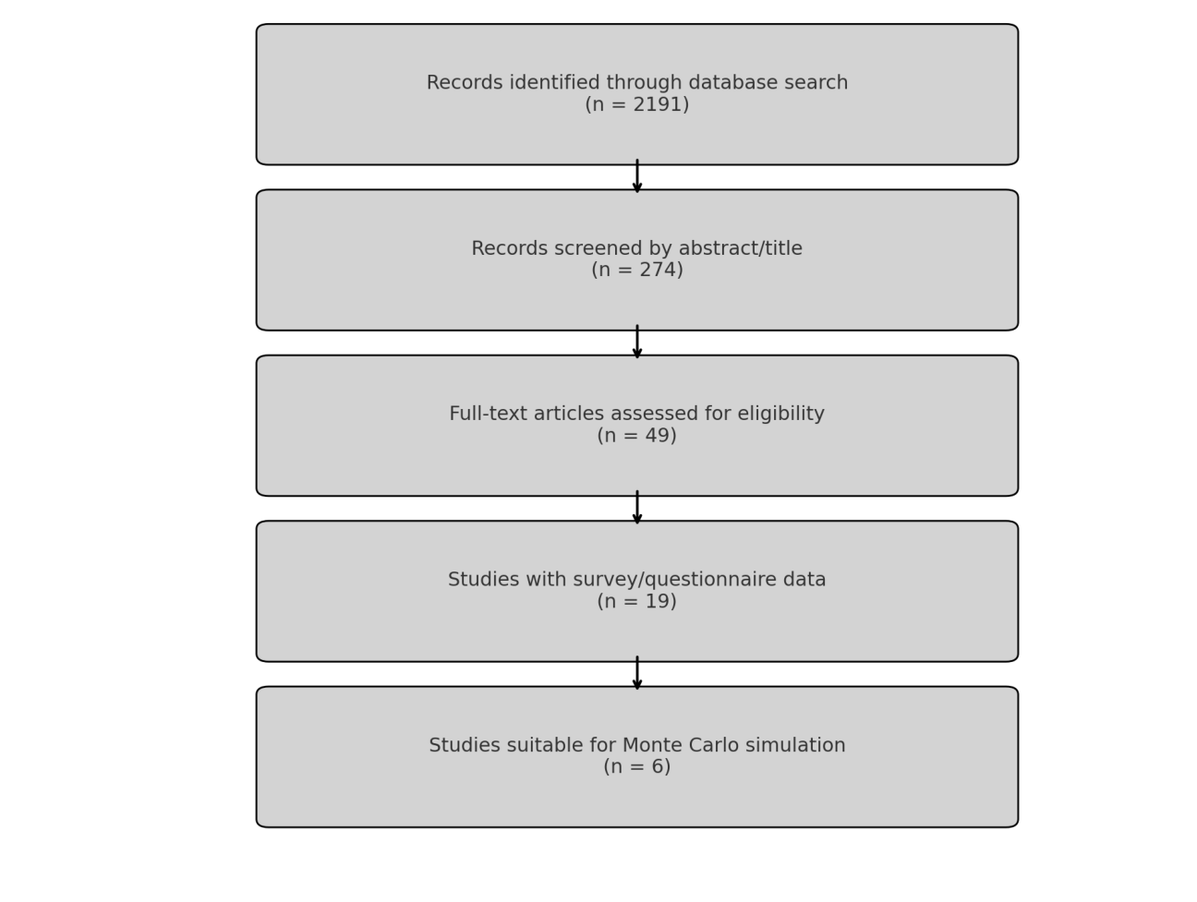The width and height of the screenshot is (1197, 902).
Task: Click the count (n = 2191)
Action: (x=636, y=105)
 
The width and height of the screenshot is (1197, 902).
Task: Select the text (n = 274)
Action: (x=636, y=271)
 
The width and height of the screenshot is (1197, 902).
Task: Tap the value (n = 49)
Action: (x=636, y=436)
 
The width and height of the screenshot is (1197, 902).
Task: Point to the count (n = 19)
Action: (x=636, y=602)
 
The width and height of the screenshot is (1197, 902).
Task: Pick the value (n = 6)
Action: (x=636, y=767)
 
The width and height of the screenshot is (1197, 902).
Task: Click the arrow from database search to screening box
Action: (x=636, y=176)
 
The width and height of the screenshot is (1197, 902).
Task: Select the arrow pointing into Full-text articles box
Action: (x=636, y=342)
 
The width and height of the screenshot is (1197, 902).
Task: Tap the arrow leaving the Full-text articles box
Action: (x=636, y=508)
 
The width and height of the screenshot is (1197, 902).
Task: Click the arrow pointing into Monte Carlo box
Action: (x=636, y=673)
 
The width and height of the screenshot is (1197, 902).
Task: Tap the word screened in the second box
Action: (x=586, y=249)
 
